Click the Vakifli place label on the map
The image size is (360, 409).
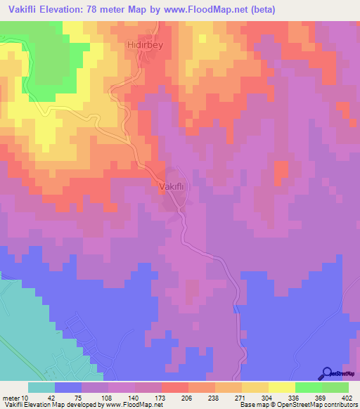coord(172,187)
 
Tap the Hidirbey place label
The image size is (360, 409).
coord(145,44)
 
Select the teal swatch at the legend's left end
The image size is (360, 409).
coord(41,387)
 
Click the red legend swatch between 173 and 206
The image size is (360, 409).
coord(174,387)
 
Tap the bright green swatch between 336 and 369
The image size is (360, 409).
coord(308,387)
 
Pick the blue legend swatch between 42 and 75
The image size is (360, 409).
coord(68,387)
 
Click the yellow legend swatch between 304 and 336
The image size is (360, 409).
coord(281,387)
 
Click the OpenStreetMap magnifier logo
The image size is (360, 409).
coord(328,374)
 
